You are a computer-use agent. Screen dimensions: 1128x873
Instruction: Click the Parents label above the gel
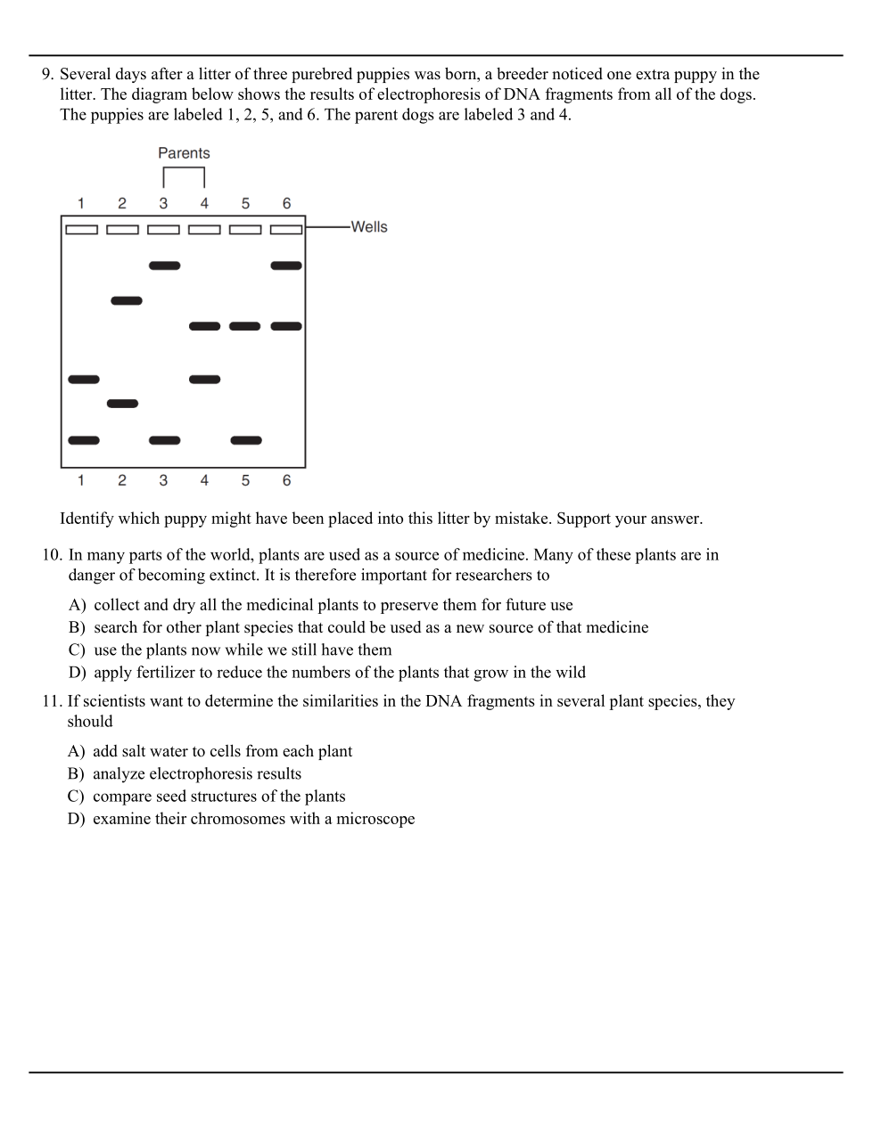coord(184,153)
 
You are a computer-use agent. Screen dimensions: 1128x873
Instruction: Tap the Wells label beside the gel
coord(369,227)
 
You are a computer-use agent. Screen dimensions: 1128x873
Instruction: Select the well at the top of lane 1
coord(81,230)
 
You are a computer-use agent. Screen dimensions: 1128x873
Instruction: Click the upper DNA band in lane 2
coord(127,301)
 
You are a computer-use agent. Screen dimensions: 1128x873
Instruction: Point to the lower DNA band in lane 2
coord(123,404)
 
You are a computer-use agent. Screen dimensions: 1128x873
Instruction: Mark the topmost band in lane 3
coord(165,266)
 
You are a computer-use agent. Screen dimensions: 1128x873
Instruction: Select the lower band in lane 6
coord(286,326)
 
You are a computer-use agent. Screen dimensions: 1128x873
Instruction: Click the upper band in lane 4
coord(205,326)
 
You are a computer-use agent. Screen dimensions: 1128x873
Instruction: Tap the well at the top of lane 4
coord(204,230)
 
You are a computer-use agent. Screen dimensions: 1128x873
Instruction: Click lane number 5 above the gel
coord(245,203)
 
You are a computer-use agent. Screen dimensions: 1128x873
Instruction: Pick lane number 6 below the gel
coord(286,480)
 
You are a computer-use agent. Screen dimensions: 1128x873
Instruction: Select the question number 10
coord(52,555)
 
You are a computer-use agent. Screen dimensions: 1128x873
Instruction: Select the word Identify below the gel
coord(87,519)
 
